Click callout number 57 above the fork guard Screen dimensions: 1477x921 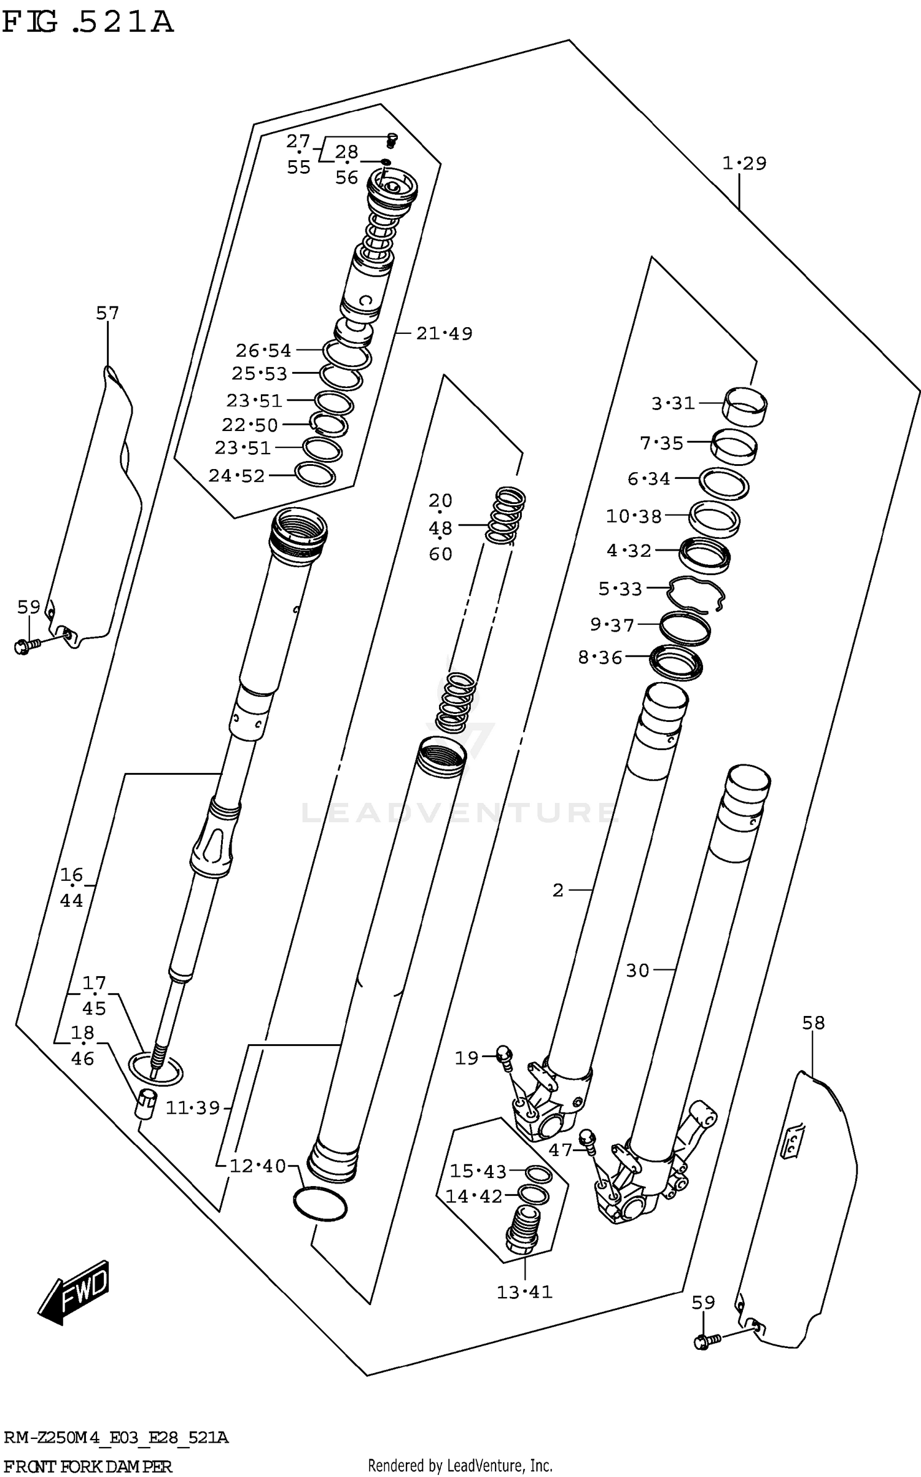pyautogui.click(x=107, y=314)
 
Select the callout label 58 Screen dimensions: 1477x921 pyautogui.click(x=813, y=1023)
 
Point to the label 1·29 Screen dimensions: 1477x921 pyautogui.click(x=744, y=164)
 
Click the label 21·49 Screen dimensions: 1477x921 pyautogui.click(x=444, y=333)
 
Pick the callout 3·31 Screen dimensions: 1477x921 pyautogui.click(x=673, y=403)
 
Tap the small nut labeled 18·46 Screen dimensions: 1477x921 pyautogui.click(x=146, y=1105)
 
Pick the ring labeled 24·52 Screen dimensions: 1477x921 pyautogui.click(x=315, y=475)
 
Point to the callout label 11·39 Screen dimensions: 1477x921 pyautogui.click(x=193, y=1108)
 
